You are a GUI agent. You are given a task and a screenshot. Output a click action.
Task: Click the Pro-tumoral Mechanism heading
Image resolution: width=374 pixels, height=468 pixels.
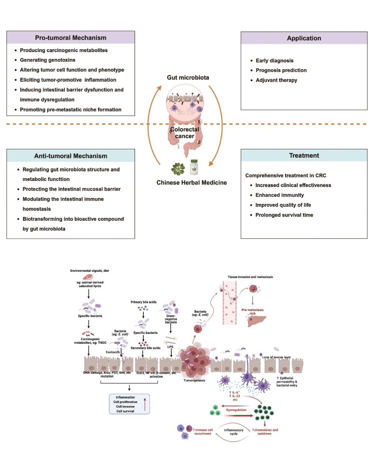tap(71, 38)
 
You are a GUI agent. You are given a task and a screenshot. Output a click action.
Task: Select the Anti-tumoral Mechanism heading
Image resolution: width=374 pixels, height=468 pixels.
tap(71, 156)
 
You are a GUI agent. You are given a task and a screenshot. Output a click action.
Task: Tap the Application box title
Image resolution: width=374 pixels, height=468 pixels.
tap(304, 38)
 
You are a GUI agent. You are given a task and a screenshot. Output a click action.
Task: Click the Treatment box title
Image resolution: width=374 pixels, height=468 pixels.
tap(304, 156)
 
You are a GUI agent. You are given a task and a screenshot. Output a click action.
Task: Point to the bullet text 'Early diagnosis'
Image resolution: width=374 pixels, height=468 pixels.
tap(274, 61)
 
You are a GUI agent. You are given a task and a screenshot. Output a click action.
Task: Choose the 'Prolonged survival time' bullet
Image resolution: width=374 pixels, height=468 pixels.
tap(284, 215)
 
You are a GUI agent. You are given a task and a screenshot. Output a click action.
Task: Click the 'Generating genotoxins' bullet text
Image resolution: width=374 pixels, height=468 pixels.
tap(47, 60)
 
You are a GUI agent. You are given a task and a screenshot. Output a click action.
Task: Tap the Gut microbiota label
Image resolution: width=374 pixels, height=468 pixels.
tap(188, 78)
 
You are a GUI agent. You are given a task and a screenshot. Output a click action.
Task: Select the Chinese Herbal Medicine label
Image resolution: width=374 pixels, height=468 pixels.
tap(192, 183)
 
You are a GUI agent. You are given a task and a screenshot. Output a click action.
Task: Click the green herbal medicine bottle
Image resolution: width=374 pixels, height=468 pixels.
tap(194, 167)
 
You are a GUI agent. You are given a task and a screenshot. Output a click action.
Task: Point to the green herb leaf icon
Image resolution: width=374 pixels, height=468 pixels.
tap(178, 169)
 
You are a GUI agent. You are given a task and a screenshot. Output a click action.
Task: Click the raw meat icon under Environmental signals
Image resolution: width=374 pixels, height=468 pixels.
tap(88, 277)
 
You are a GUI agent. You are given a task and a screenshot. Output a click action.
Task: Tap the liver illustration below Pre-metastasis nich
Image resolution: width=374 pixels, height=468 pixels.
tap(257, 321)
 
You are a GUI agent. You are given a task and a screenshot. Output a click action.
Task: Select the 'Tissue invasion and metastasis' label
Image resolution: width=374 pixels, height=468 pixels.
tap(250, 277)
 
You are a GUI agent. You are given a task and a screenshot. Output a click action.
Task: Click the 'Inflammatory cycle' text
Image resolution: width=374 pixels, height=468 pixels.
tap(233, 432)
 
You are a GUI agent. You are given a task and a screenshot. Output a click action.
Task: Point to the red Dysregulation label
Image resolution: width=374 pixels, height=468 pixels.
tap(236, 410)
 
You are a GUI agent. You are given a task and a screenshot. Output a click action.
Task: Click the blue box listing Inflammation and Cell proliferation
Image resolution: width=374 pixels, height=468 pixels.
tap(129, 404)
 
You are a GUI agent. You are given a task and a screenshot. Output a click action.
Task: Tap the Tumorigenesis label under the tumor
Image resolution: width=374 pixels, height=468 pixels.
tap(194, 380)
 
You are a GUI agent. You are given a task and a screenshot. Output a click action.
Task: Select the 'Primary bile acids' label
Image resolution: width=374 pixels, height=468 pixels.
tap(143, 302)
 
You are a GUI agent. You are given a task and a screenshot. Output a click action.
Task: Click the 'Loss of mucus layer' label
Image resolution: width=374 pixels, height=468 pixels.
tap(276, 357)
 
